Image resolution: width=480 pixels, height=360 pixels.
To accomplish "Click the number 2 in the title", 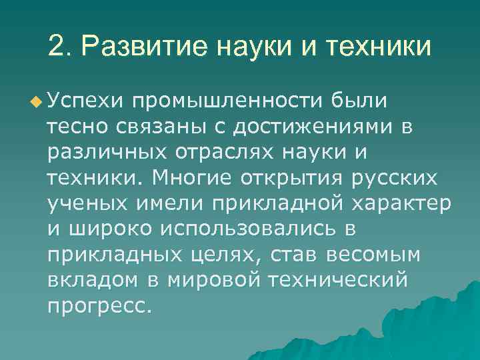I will [x=57, y=47].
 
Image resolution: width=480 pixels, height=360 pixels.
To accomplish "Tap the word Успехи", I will [x=86, y=101].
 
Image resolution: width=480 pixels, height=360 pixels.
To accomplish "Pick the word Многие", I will [x=196, y=179].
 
